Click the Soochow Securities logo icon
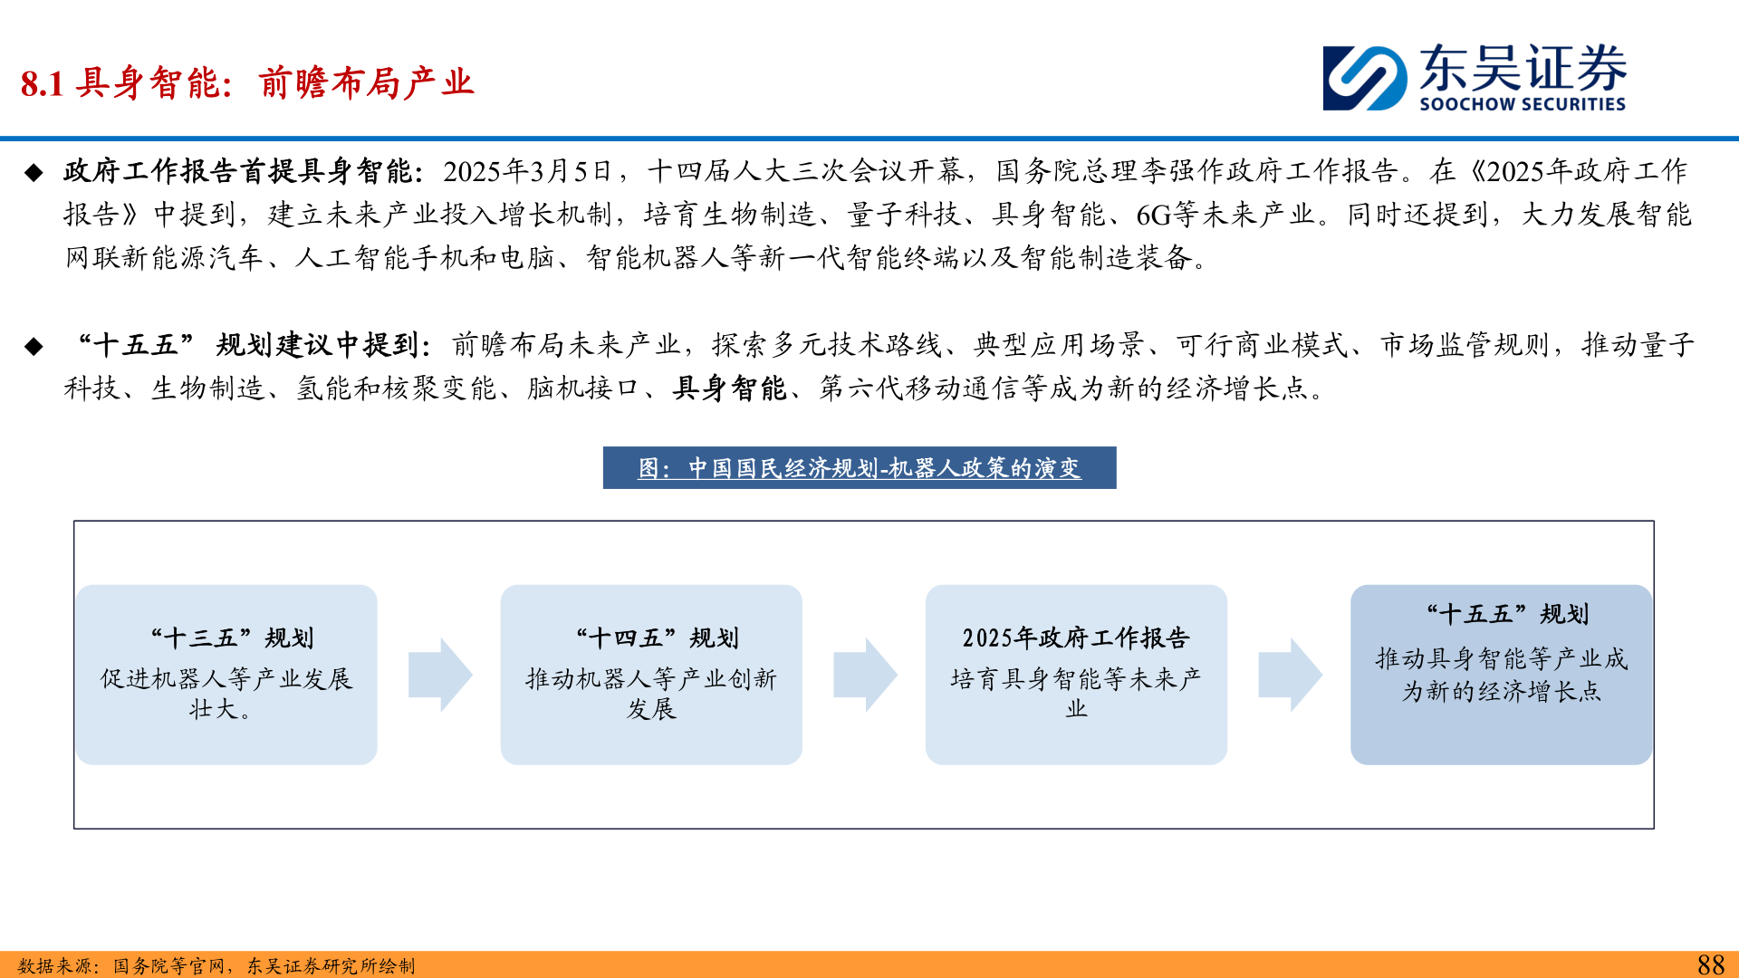pyautogui.click(x=1365, y=78)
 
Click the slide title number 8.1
pyautogui.click(x=42, y=84)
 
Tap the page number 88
pyautogui.click(x=1710, y=964)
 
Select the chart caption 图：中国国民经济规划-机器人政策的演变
pyautogui.click(x=859, y=468)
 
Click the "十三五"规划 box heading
pyautogui.click(x=232, y=638)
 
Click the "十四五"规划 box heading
pyautogui.click(x=657, y=638)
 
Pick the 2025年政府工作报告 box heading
pyautogui.click(x=1075, y=638)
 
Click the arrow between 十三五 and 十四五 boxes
pyautogui.click(x=440, y=675)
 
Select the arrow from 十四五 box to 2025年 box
pyautogui.click(x=865, y=675)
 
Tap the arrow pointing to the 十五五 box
pyautogui.click(x=1290, y=675)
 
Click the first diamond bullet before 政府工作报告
pyautogui.click(x=34, y=172)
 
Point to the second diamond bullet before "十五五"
pyautogui.click(x=34, y=346)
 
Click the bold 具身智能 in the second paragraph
pyautogui.click(x=729, y=388)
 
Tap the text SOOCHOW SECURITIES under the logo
pyautogui.click(x=1522, y=104)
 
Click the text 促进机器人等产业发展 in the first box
pyautogui.click(x=226, y=679)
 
